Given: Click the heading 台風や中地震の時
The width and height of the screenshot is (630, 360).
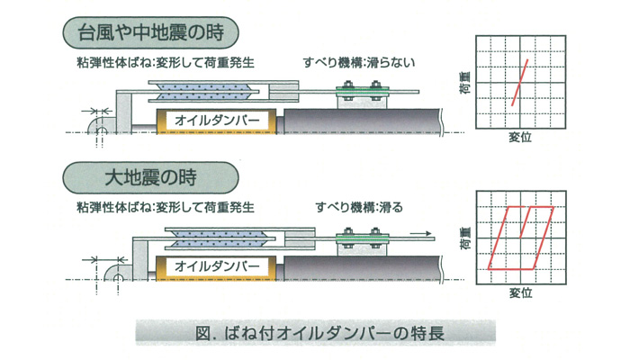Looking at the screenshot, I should click(x=153, y=36).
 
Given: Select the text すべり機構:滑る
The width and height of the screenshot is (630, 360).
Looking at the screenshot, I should click(x=359, y=206).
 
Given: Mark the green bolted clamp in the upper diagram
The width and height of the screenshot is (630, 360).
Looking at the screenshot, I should click(x=358, y=90).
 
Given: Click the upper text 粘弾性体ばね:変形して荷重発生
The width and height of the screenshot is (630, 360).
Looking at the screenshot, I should click(x=166, y=63).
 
